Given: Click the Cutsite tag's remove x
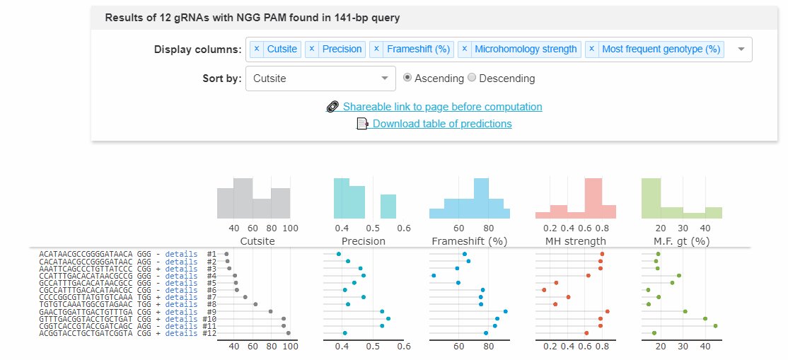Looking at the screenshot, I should click(x=257, y=50).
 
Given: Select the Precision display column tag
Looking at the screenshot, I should click(x=342, y=50).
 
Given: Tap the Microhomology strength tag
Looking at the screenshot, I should click(x=526, y=50).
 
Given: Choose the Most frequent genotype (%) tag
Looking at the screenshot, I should click(x=661, y=50).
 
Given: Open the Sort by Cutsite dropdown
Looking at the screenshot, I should click(x=320, y=79).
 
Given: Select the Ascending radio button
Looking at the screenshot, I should click(x=407, y=79).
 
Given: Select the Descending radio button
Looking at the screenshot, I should click(x=473, y=79).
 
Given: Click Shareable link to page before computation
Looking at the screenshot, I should click(x=442, y=107).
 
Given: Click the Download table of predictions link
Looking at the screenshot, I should click(x=442, y=124).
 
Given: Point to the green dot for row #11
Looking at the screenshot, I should click(x=715, y=326).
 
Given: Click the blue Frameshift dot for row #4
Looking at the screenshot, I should click(x=434, y=276).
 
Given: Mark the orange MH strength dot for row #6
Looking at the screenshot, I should click(x=544, y=290).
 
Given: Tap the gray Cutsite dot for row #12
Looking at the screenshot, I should click(x=288, y=333).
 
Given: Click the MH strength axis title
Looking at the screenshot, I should click(x=575, y=241).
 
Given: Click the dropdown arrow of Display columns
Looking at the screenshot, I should click(x=741, y=50).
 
